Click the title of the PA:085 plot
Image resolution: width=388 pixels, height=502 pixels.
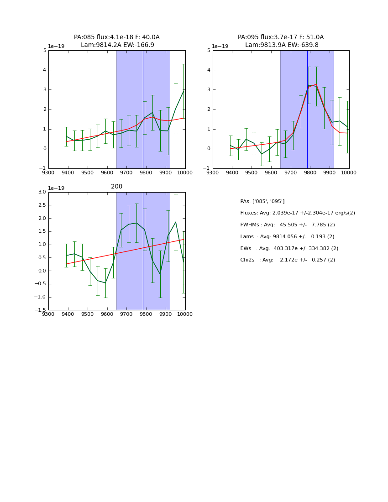pos(116,41)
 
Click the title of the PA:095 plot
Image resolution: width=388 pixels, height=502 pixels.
pos(281,41)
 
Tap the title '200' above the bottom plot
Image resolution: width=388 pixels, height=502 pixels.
pos(116,186)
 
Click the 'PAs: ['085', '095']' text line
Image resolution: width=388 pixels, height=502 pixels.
pos(262,201)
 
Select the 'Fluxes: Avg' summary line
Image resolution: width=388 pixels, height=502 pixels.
pos(297,213)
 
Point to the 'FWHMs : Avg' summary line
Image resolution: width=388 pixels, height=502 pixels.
pos(287,225)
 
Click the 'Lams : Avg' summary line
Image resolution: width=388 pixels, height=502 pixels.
pos(287,237)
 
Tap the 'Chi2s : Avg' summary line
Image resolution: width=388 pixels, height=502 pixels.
pos(288,260)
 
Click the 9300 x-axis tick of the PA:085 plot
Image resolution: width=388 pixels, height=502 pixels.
pos(48,173)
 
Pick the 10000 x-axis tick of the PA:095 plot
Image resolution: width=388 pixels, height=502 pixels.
pos(349,173)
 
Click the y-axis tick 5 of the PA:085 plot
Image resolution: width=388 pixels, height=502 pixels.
pos(45,50)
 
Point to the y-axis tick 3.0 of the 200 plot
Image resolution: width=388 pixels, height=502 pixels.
pos(42,192)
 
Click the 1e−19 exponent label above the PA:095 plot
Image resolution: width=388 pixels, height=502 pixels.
pos(220,46)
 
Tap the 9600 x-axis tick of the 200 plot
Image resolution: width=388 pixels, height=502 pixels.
pos(107,314)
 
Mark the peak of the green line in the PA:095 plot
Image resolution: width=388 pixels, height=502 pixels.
pos(309,85)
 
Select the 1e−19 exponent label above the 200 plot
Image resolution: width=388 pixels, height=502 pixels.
pos(56,188)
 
